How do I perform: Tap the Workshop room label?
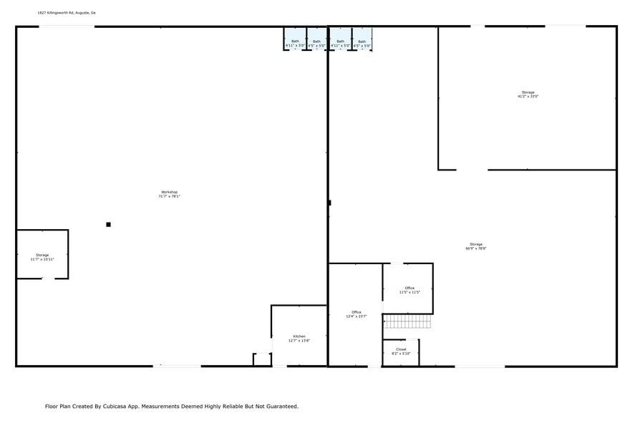coord(169,192)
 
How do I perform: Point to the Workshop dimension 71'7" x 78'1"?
coord(169,197)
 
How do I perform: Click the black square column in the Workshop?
coord(108,225)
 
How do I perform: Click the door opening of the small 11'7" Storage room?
coord(47,279)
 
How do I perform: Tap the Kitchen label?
coord(299,337)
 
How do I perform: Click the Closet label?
coord(401,349)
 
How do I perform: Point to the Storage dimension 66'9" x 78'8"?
coord(476,249)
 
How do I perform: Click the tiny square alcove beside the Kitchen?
coord(262,359)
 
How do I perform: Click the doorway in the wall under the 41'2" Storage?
coord(472,170)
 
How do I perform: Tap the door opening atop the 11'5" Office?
coord(396,263)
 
